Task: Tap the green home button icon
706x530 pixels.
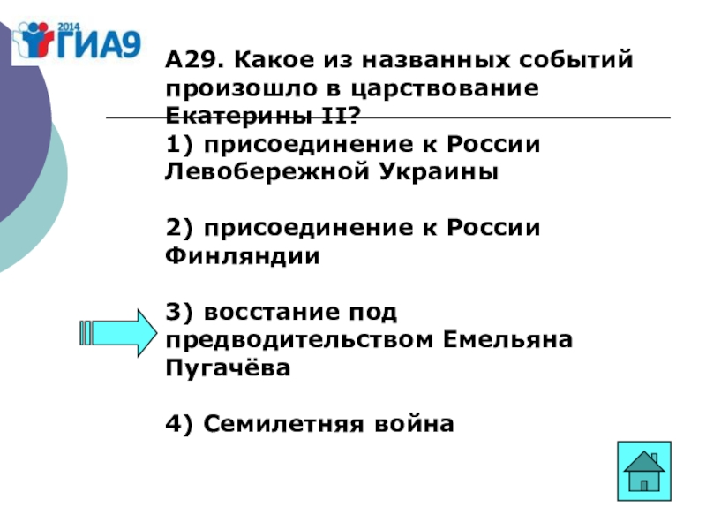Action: tap(644, 473)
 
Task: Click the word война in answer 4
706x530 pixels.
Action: tap(412, 424)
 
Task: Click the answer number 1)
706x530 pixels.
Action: tap(176, 144)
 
